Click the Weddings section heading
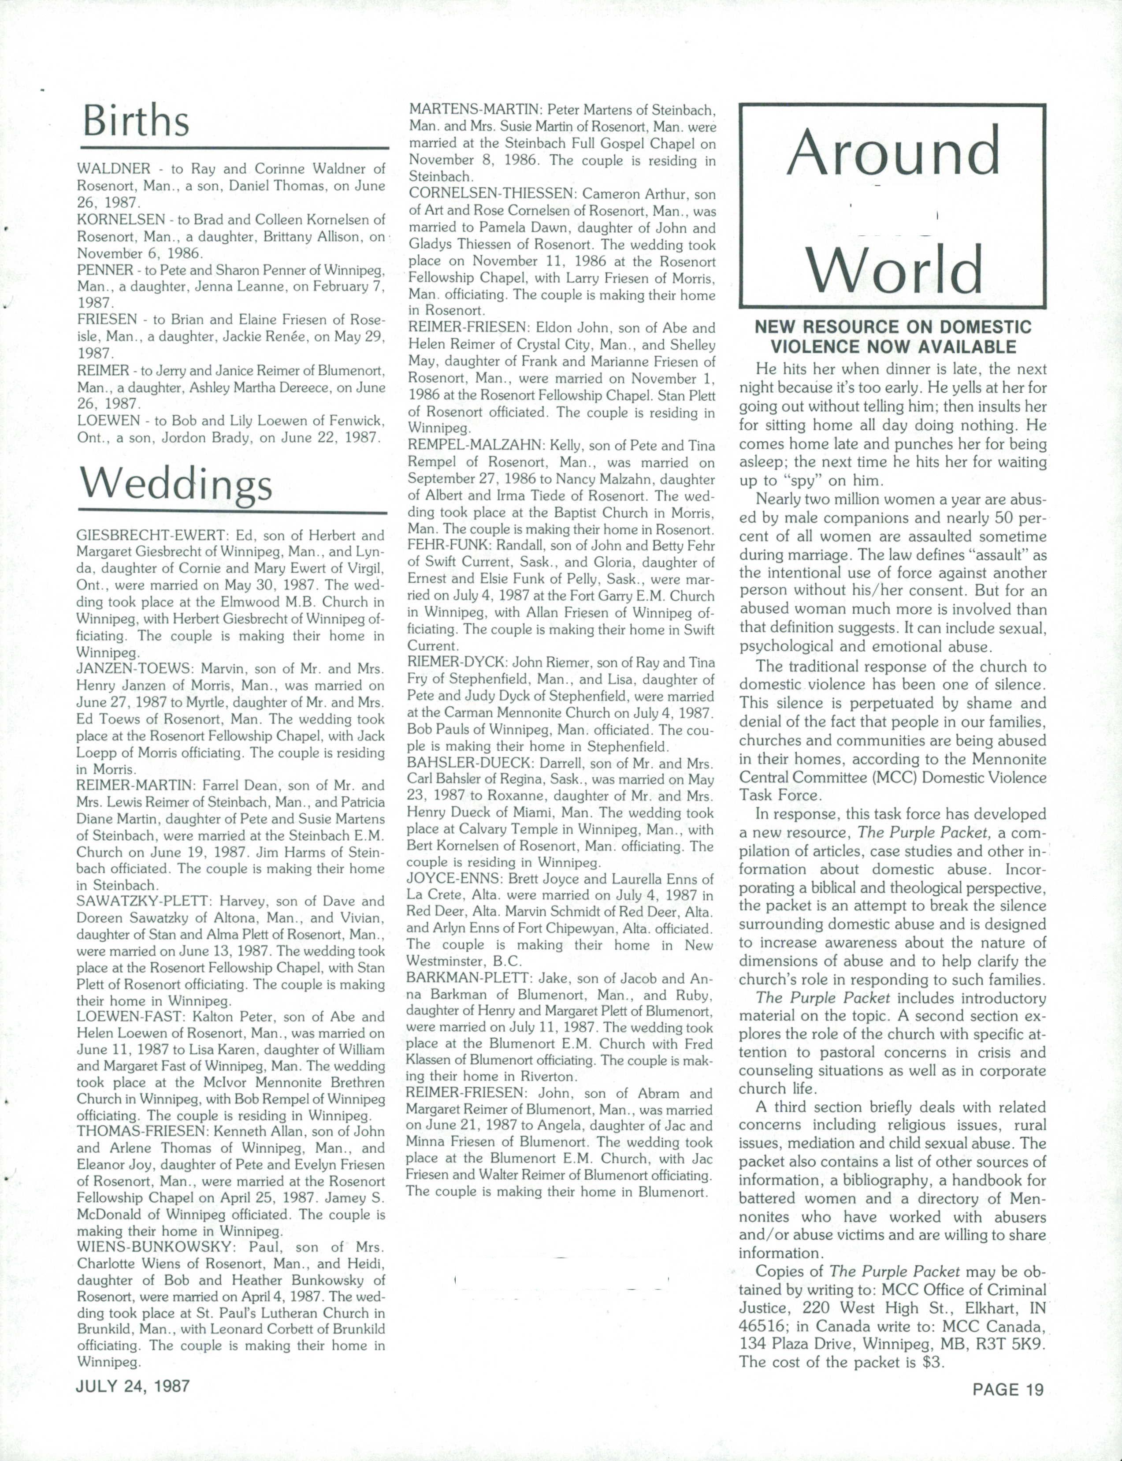(x=175, y=485)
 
